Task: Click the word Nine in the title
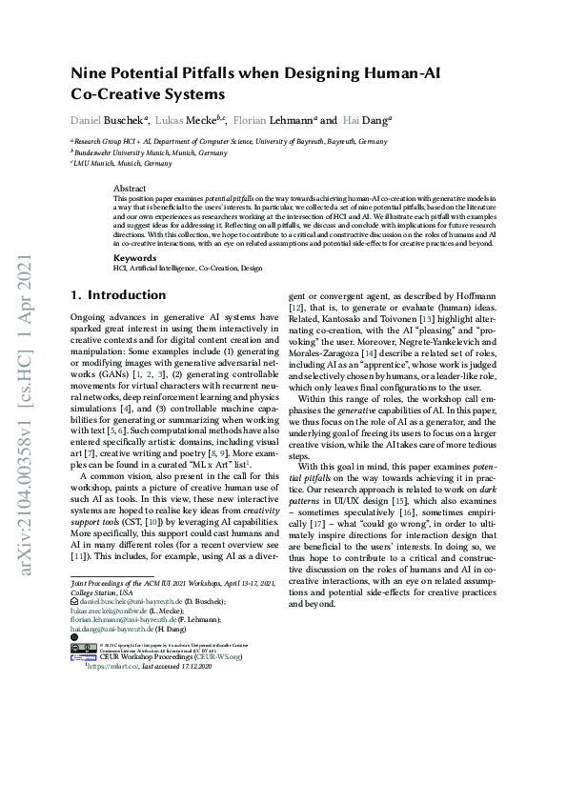coord(90,72)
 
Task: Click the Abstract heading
coord(129,189)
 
